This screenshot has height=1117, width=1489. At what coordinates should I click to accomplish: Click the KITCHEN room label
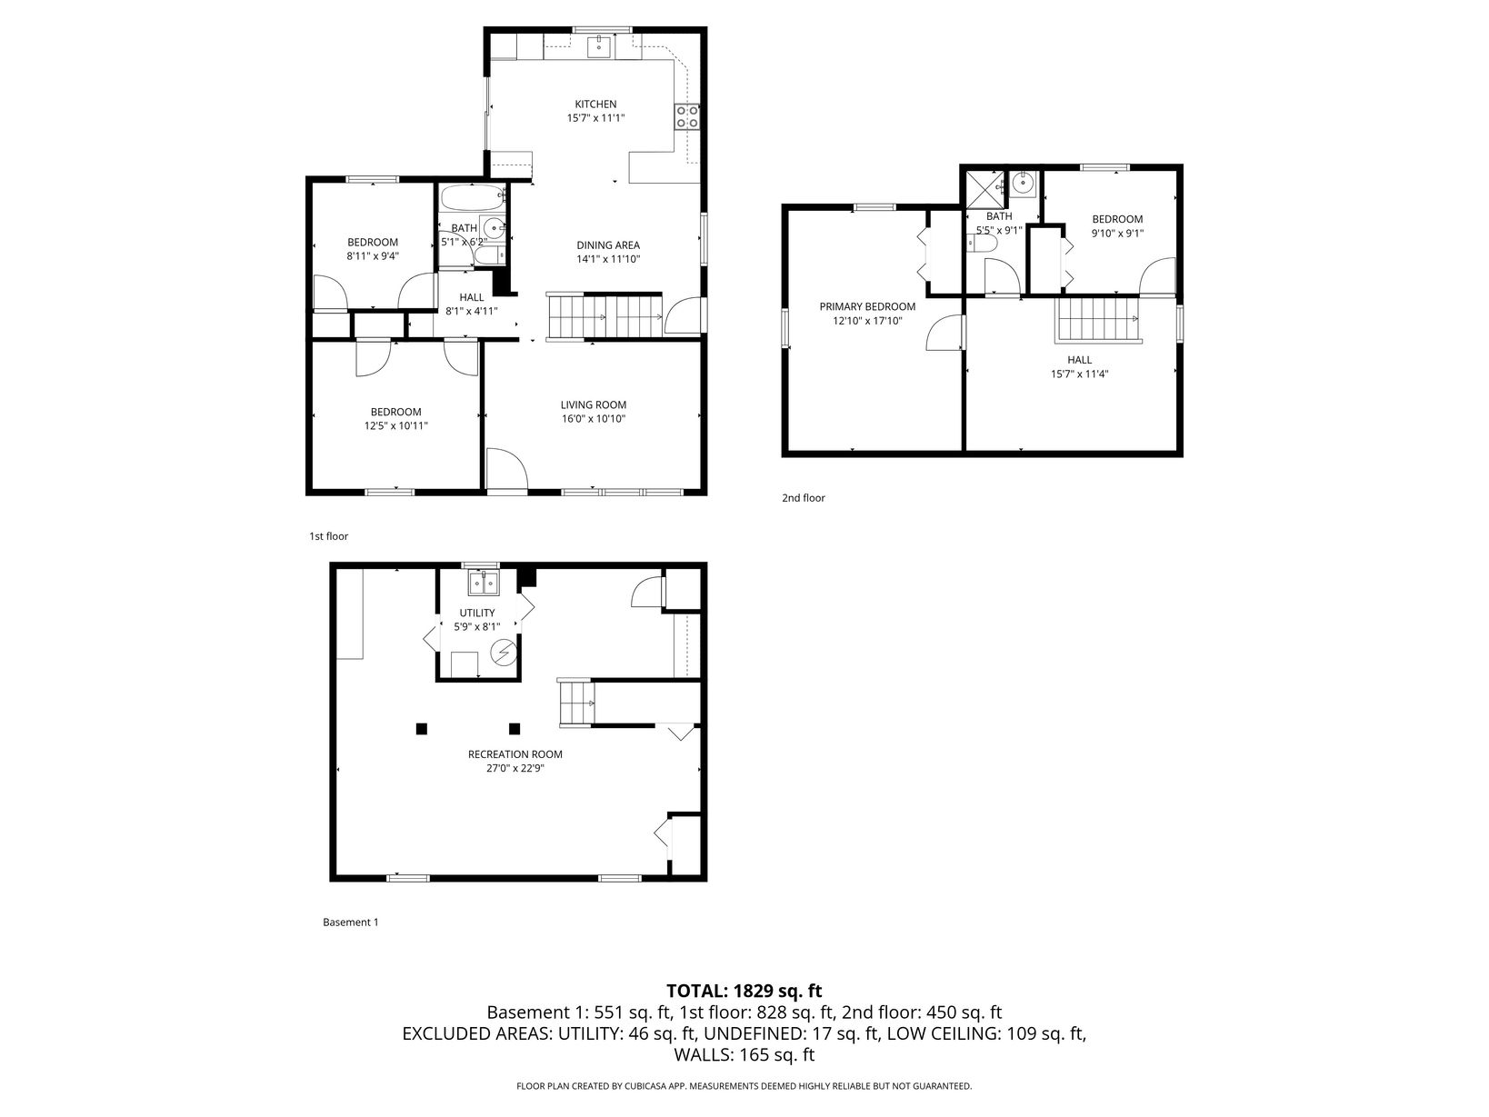(x=595, y=105)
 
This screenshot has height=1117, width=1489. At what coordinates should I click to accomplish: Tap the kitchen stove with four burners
(x=687, y=116)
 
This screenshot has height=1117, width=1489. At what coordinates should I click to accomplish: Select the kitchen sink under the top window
(x=600, y=47)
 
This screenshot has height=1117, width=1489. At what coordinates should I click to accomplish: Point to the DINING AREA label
(x=608, y=245)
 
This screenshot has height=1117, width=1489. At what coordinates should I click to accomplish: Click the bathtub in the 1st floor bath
(x=473, y=198)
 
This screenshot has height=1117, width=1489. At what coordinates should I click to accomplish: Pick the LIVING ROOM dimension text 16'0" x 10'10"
(x=593, y=419)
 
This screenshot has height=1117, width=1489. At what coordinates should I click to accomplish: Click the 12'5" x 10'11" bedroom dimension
(x=395, y=426)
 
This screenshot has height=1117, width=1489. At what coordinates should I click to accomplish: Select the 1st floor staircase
(x=605, y=316)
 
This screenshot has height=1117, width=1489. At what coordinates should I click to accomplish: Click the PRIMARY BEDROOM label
(x=867, y=306)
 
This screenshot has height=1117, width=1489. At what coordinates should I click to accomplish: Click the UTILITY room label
(x=477, y=613)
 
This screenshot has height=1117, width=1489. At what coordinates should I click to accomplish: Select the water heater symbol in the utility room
(x=504, y=653)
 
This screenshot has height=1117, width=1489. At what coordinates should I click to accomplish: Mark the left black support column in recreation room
(x=422, y=729)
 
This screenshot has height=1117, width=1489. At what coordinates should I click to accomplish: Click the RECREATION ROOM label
(x=515, y=754)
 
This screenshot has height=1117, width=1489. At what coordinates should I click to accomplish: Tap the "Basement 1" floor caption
(x=350, y=923)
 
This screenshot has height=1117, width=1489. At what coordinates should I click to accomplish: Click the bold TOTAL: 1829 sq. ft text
(x=744, y=992)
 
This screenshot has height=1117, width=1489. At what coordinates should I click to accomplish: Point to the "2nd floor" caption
(x=804, y=498)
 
